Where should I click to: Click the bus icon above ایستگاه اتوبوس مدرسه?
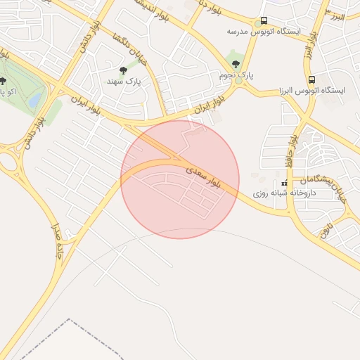click(x=264, y=21)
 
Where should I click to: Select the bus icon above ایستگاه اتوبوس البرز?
click(x=311, y=79)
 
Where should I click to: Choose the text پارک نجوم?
click(x=236, y=74)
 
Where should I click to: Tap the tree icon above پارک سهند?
click(x=124, y=70)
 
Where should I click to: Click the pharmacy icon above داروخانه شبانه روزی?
click(x=285, y=183)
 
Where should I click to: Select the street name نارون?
click(x=326, y=227)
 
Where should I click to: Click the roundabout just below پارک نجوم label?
click(x=238, y=82)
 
